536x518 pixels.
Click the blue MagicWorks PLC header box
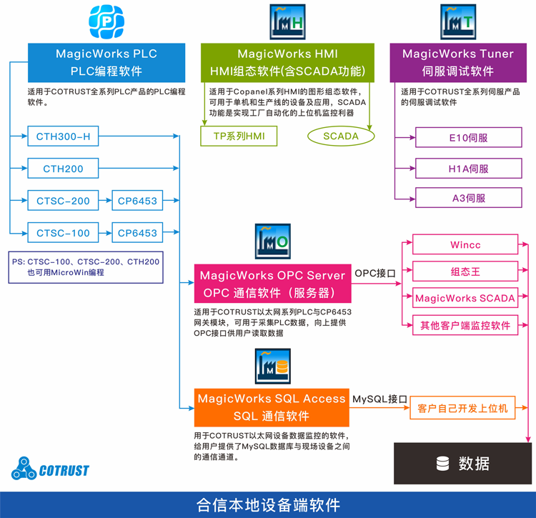point(106,62)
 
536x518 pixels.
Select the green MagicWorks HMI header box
point(287,62)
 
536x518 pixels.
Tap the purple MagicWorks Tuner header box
point(457,62)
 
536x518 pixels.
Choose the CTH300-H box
point(63,136)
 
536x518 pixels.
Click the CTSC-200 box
point(63,201)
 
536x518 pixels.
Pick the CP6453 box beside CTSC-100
point(137,233)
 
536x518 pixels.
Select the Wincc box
point(465,245)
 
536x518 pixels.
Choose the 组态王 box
point(465,272)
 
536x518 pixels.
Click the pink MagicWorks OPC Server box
point(272,284)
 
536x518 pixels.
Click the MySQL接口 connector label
point(379,399)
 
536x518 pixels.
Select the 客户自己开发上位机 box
point(462,408)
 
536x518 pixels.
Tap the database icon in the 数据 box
point(443,464)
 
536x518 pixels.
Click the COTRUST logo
point(50,469)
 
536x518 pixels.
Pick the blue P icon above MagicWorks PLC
point(106,21)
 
